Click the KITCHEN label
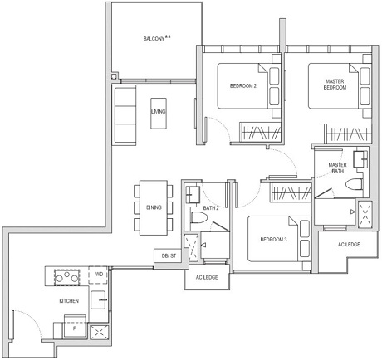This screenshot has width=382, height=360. pos(68,300)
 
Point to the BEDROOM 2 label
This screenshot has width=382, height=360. pos(242,85)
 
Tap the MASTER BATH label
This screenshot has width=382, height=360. pos(337,168)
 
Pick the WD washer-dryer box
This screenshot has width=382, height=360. pos(99,274)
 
